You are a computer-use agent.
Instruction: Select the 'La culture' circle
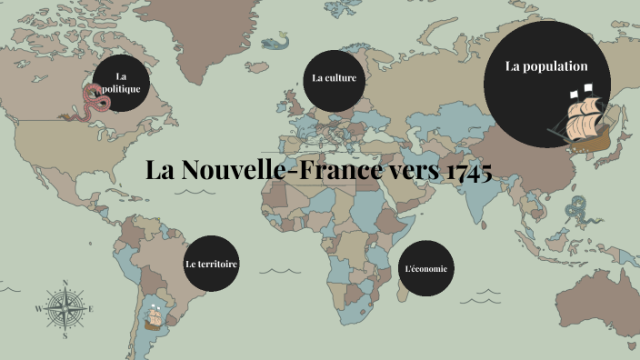point(334,78)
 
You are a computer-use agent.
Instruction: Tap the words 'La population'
point(546,66)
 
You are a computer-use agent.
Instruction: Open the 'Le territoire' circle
point(211,264)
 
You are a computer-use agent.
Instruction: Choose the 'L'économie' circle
point(425,269)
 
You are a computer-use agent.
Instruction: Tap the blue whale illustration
point(274,42)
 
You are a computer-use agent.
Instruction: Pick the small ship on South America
point(155,317)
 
